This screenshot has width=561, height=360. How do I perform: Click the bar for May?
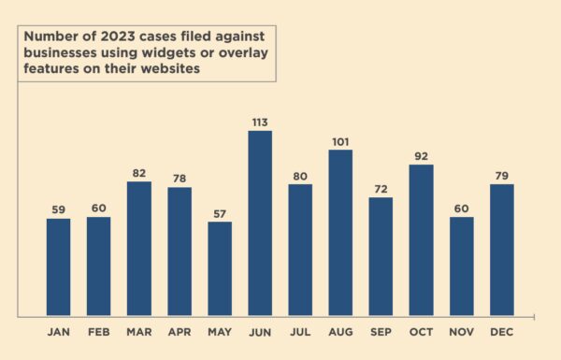click(220, 268)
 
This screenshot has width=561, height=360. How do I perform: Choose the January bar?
click(58, 266)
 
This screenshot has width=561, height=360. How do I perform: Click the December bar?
click(501, 250)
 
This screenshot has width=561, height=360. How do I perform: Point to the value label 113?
click(260, 122)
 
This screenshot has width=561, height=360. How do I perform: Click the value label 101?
click(340, 141)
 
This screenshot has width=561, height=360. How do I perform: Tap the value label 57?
click(220, 213)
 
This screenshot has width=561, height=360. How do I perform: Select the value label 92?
click(421, 156)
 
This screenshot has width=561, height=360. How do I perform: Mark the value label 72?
click(381, 189)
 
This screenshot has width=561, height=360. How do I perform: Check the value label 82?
click(139, 173)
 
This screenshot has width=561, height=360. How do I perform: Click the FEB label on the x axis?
click(98, 332)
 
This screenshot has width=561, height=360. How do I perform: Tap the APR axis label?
click(180, 332)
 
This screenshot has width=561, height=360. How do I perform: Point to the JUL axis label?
click(300, 332)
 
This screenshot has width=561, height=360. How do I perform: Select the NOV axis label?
click(461, 332)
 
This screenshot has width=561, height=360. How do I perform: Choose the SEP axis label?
click(381, 332)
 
